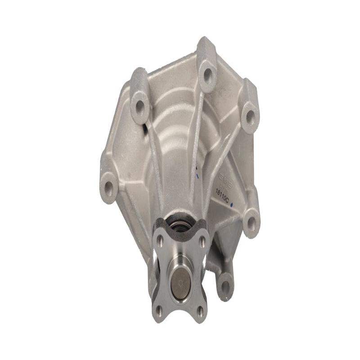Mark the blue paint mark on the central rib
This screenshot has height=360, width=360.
pyautogui.click(x=198, y=171)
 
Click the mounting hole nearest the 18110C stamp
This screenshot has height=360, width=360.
pyautogui.click(x=251, y=222)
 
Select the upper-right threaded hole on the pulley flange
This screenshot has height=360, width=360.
pyautogui.click(x=202, y=241)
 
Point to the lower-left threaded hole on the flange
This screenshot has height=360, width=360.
pyautogui.click(x=158, y=309)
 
